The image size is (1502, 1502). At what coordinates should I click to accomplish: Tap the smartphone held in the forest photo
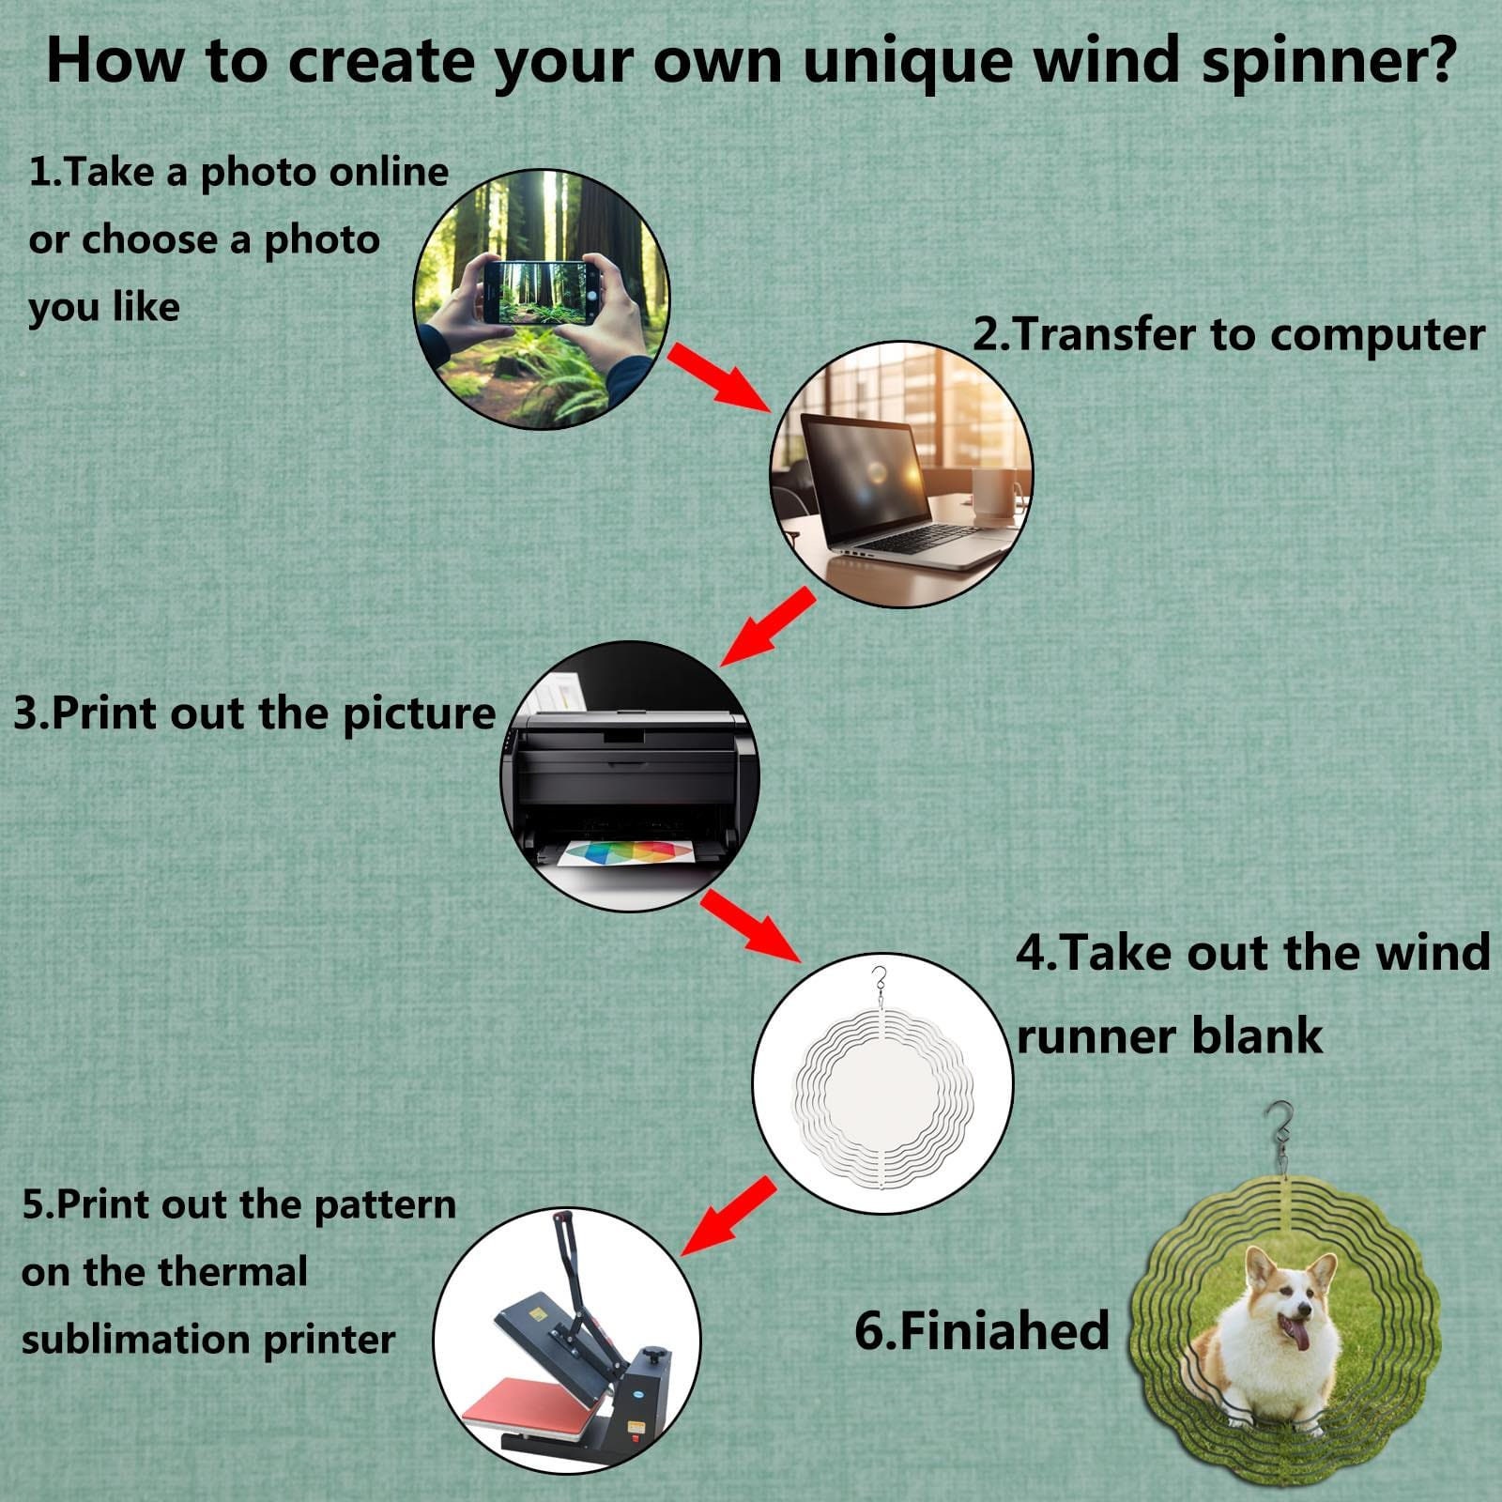pyautogui.click(x=541, y=293)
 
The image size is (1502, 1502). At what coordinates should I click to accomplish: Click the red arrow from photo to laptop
pyautogui.click(x=718, y=375)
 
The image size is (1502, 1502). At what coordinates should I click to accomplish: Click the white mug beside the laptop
pyautogui.click(x=995, y=498)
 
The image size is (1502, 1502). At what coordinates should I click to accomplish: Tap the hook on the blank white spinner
pyautogui.click(x=879, y=982)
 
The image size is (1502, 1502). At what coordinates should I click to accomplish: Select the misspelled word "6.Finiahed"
pyautogui.click(x=982, y=1330)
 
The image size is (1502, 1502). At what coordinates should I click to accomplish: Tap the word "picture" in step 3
pyautogui.click(x=419, y=713)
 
